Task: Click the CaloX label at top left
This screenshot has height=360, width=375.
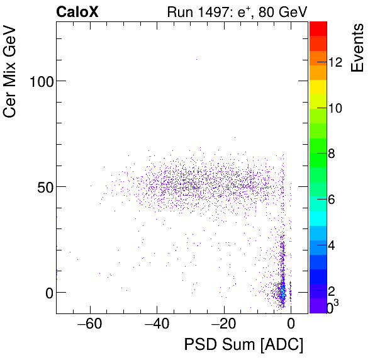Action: click(x=77, y=12)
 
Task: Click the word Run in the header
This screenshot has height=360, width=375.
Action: click(x=179, y=12)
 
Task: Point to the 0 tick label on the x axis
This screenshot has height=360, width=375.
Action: click(x=291, y=325)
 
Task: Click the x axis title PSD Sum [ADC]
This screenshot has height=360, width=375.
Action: click(x=243, y=346)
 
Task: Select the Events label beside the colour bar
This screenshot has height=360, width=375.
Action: click(x=357, y=48)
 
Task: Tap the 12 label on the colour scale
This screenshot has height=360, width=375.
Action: click(x=335, y=63)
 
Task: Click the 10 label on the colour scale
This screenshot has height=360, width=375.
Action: click(x=335, y=108)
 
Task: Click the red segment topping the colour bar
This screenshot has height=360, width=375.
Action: click(x=318, y=28)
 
